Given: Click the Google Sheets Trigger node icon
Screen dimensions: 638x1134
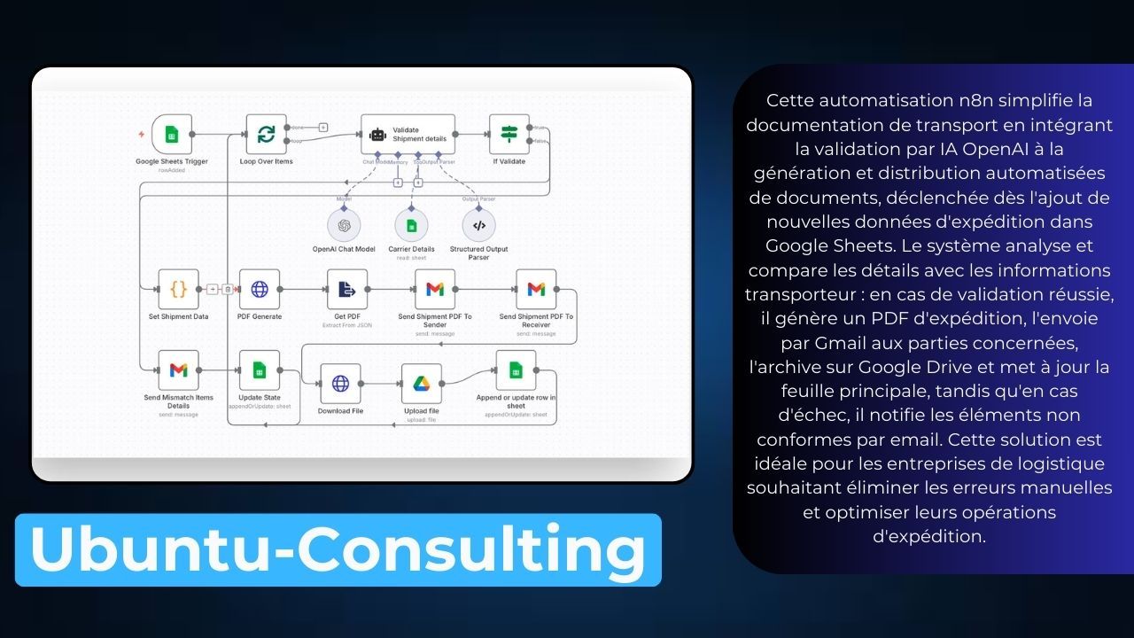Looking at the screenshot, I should [172, 135].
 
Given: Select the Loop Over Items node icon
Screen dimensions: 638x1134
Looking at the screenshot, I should [266, 135].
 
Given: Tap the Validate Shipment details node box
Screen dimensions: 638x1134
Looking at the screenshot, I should [408, 135].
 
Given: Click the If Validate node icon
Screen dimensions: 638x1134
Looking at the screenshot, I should [509, 135].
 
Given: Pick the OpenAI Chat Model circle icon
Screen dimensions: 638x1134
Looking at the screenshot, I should [344, 225].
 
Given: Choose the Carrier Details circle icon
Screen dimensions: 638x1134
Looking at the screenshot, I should [411, 225].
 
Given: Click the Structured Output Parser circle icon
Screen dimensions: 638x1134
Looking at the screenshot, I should [478, 225].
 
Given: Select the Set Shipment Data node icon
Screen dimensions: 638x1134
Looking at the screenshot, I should [178, 289].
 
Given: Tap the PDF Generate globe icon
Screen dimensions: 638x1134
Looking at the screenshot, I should [260, 289].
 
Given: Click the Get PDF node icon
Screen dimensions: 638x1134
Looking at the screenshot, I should [347, 289].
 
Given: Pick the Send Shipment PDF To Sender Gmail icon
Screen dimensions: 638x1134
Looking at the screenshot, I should [435, 289].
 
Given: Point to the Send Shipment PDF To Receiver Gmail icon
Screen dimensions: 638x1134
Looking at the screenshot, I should [536, 289].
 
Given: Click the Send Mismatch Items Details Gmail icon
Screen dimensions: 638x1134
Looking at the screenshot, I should [178, 370].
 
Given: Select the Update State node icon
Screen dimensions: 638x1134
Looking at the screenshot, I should [260, 370].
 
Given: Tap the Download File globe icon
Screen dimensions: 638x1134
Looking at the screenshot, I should [340, 384].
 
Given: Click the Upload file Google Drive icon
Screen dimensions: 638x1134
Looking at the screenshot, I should [422, 384].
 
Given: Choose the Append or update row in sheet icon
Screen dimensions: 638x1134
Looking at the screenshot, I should [516, 370].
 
